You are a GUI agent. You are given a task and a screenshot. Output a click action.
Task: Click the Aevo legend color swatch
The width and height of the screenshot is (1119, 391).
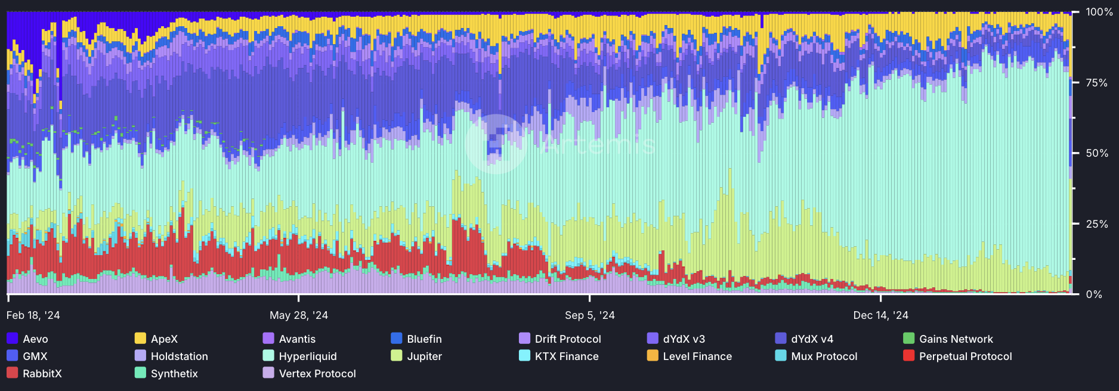(x=12, y=339)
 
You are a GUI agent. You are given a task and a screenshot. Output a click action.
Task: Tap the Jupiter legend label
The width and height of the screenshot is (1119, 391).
(x=424, y=356)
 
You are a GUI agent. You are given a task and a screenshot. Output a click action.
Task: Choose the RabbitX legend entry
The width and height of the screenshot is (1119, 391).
(x=42, y=374)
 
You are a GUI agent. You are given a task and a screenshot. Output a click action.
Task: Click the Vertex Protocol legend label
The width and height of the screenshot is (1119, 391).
(x=317, y=374)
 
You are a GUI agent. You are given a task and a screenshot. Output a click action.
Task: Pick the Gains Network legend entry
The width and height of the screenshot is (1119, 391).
(x=956, y=339)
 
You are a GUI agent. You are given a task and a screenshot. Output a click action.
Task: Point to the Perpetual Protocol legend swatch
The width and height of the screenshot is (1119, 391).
(x=908, y=356)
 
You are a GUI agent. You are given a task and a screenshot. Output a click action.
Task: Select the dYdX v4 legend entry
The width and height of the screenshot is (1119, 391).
(x=812, y=339)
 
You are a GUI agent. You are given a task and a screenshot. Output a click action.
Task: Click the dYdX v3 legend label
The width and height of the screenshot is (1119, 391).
(x=684, y=339)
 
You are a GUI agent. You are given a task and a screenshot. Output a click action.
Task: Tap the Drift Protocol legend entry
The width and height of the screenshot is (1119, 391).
(x=567, y=339)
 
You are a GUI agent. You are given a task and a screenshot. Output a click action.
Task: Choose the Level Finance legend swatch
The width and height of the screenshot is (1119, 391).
(x=653, y=356)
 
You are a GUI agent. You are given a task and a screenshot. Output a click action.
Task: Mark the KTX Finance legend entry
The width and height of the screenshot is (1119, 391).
(x=566, y=356)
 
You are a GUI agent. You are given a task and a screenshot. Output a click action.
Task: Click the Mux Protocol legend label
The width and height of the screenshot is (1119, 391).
(x=824, y=356)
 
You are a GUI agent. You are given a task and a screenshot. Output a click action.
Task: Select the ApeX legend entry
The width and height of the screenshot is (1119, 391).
(x=164, y=339)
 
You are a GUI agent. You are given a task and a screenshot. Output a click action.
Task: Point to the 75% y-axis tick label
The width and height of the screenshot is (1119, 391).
(x=1096, y=83)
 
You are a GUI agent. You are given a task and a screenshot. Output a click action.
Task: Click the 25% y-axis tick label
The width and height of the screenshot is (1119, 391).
(x=1096, y=224)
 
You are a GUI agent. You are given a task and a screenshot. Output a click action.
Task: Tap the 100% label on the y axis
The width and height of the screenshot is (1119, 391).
(x=1099, y=12)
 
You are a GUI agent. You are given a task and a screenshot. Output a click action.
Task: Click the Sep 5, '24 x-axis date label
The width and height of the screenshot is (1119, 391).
(x=589, y=315)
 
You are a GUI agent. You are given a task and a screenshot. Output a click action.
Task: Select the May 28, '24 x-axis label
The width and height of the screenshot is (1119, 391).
(x=298, y=315)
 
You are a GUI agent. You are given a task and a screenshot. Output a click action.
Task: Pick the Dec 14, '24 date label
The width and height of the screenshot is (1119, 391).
(x=880, y=315)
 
